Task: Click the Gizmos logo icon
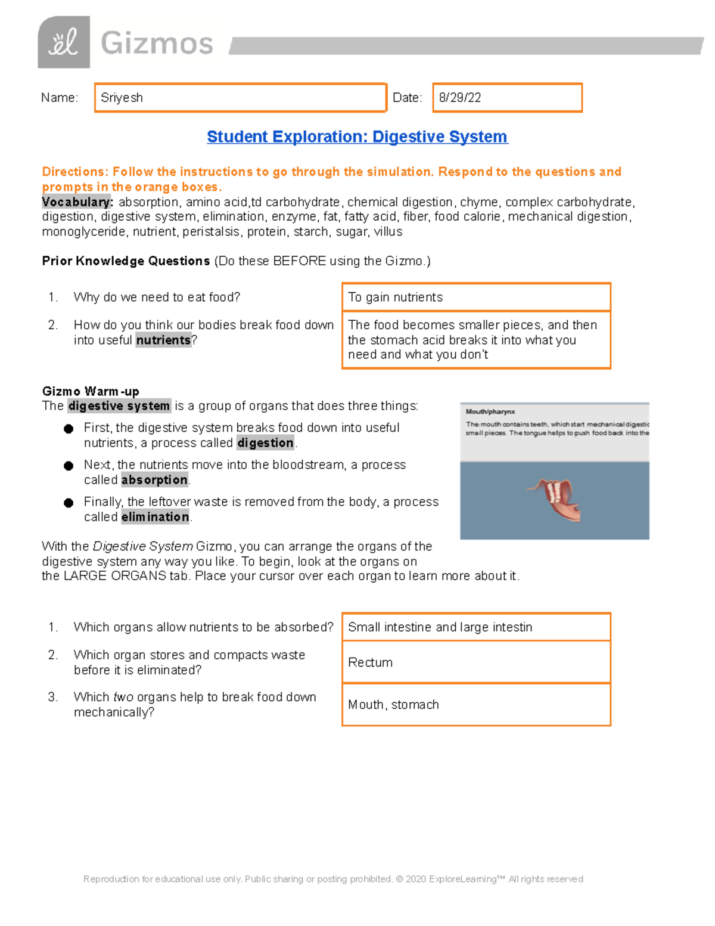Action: pyautogui.click(x=64, y=42)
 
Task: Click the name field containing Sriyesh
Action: pyautogui.click(x=240, y=98)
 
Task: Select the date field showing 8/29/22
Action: pyautogui.click(x=506, y=98)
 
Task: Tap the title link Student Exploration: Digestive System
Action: pyautogui.click(x=357, y=137)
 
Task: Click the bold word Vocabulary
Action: pyautogui.click(x=77, y=202)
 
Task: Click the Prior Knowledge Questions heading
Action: pyautogui.click(x=126, y=261)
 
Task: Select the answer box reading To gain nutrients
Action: pyautogui.click(x=475, y=297)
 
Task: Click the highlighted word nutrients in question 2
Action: pyautogui.click(x=163, y=340)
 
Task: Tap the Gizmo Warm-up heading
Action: pyautogui.click(x=91, y=391)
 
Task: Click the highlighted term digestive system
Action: pyautogui.click(x=119, y=406)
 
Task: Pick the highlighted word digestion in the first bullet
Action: pyautogui.click(x=265, y=443)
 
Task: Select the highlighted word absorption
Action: pyautogui.click(x=154, y=480)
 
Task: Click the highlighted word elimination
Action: pyautogui.click(x=155, y=517)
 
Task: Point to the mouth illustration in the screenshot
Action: pyautogui.click(x=555, y=498)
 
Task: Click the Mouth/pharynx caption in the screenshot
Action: pyautogui.click(x=490, y=411)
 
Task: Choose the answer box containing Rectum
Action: pyautogui.click(x=475, y=662)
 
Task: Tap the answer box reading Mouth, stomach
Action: pyautogui.click(x=475, y=704)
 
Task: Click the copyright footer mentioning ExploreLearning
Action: pyautogui.click(x=333, y=879)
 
